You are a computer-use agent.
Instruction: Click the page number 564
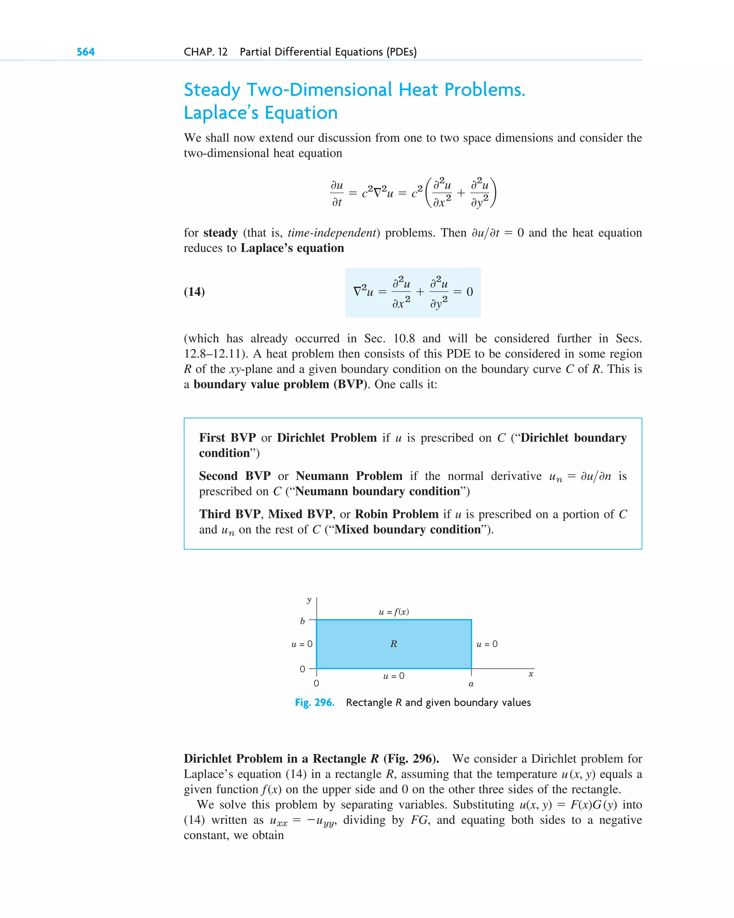[x=86, y=52]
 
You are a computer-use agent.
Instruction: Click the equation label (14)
[x=194, y=292]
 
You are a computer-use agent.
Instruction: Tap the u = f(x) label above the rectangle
[x=394, y=612]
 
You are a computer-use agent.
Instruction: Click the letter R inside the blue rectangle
[x=394, y=644]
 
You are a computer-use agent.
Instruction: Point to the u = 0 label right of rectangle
[x=487, y=644]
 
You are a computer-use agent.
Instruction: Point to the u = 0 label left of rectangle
[x=301, y=644]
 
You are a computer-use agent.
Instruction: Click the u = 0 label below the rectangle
[x=394, y=676]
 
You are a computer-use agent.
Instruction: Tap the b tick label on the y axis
[x=302, y=621]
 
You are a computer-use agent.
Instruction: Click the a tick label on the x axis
[x=471, y=684]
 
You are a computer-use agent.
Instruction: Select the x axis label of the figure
[x=530, y=674]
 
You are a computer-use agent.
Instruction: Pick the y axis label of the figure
[x=309, y=600]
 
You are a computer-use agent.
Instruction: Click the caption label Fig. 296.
[x=315, y=703]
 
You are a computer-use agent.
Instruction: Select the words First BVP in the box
[x=227, y=438]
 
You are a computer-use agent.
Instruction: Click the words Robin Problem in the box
[x=396, y=514]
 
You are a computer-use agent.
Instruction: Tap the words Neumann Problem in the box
[x=349, y=476]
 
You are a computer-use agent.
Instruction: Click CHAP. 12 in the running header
[x=206, y=52]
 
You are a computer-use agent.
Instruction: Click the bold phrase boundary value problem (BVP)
[x=280, y=385]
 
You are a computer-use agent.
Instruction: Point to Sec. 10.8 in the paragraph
[x=389, y=338]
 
